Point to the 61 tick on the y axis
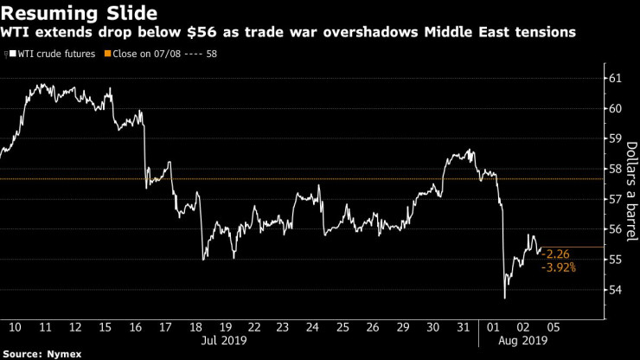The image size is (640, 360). click(x=615, y=79)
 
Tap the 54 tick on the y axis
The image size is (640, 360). click(x=615, y=290)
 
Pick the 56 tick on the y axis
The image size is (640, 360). click(x=615, y=229)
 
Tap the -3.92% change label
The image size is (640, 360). click(x=559, y=268)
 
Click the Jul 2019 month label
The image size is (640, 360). click(x=225, y=341)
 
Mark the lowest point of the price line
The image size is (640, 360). click(x=504, y=299)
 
